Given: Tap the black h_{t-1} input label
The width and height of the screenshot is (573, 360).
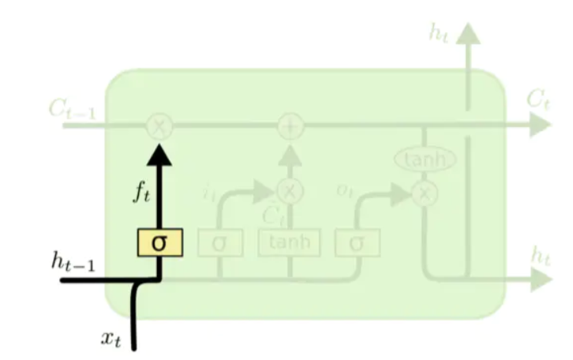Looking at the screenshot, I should point(73,263).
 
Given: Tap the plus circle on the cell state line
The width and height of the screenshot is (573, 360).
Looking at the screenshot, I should point(291,126).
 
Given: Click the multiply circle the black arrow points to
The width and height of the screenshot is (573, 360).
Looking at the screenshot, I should point(160,126).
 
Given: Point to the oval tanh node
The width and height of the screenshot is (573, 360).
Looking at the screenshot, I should point(425,160).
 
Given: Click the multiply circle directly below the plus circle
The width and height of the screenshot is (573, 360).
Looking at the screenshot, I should point(291,189).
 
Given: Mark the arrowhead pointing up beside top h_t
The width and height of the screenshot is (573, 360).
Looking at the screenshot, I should point(469,33).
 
